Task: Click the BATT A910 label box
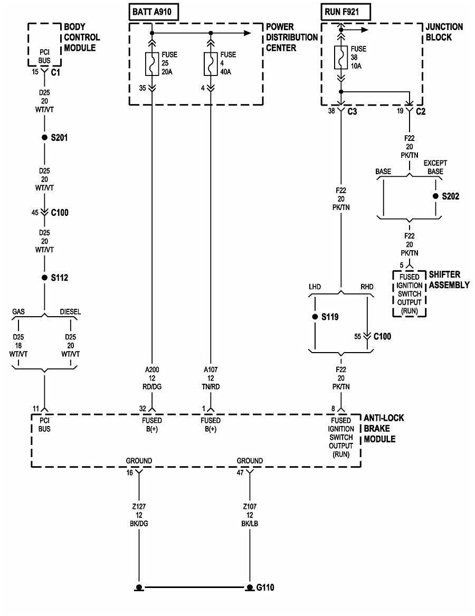[x=154, y=11]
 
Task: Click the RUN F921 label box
[x=345, y=11]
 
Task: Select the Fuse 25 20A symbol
[x=152, y=64]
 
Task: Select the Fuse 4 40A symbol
[x=211, y=64]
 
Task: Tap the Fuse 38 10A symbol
[x=341, y=58]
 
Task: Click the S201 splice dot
[x=44, y=137]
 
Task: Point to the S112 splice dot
[x=44, y=278]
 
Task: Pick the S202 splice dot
[x=435, y=196]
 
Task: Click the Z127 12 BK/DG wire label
[x=140, y=515]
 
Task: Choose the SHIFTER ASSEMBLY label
[x=449, y=280]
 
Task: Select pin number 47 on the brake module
[x=240, y=473]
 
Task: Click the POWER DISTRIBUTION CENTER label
[x=291, y=37]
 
